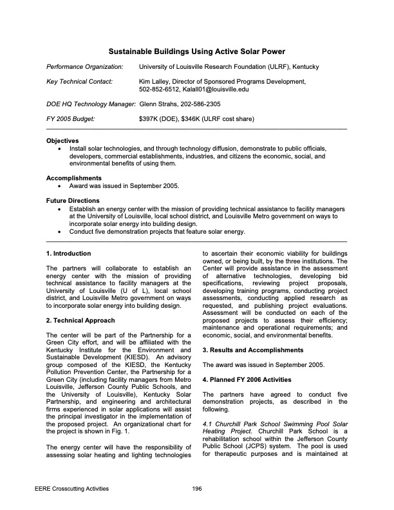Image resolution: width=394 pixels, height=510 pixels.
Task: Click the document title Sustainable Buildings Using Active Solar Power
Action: coord(196,51)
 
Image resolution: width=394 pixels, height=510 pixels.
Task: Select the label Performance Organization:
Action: coord(84,67)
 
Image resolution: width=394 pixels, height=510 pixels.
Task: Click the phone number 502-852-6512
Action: coord(156,90)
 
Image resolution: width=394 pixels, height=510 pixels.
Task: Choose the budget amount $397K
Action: coord(148,119)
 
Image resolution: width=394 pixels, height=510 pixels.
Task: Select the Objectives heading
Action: coord(62,140)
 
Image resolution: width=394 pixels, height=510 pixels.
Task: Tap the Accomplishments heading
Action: coord(74,178)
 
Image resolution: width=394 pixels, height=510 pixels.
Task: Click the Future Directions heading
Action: coord(73,200)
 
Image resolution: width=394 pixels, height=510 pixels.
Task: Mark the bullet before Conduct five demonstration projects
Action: coord(60,231)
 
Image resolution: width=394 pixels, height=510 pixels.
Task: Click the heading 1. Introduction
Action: coord(69,254)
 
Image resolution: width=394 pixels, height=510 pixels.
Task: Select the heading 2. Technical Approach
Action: coord(80,321)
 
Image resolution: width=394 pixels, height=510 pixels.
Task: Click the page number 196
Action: coord(197,489)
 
